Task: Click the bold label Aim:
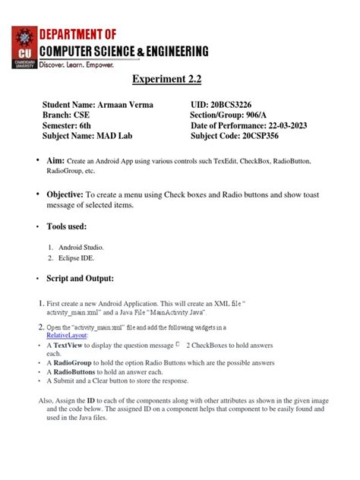55,161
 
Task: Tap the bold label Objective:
65,195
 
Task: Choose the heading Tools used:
71,226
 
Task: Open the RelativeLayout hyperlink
68,335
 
